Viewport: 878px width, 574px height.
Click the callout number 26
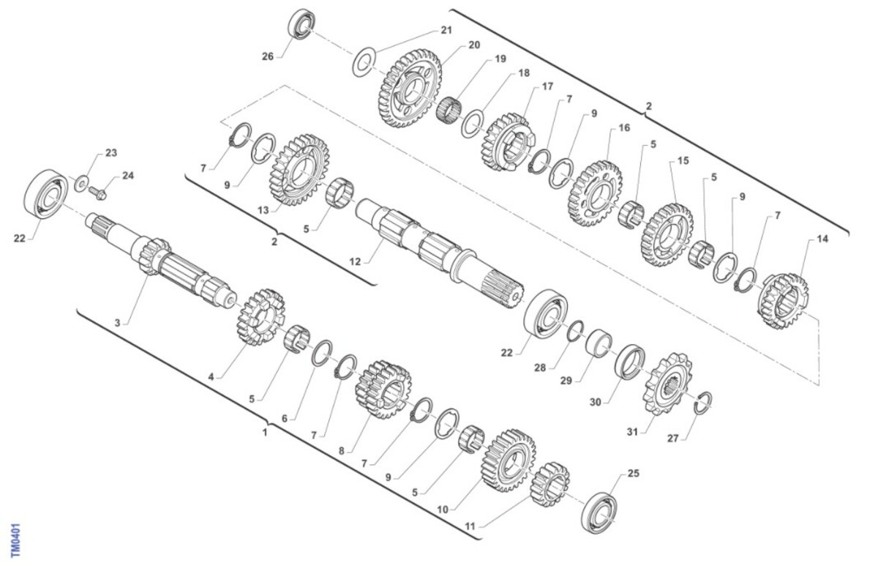268,57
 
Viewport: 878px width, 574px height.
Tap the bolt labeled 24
97,193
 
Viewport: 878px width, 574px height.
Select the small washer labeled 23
81,184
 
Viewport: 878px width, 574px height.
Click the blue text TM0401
15,540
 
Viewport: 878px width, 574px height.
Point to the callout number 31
633,432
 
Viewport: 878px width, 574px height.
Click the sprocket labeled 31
667,384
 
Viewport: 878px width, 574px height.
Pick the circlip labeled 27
703,403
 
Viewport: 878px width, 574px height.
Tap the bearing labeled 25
599,512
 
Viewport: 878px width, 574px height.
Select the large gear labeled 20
410,89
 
